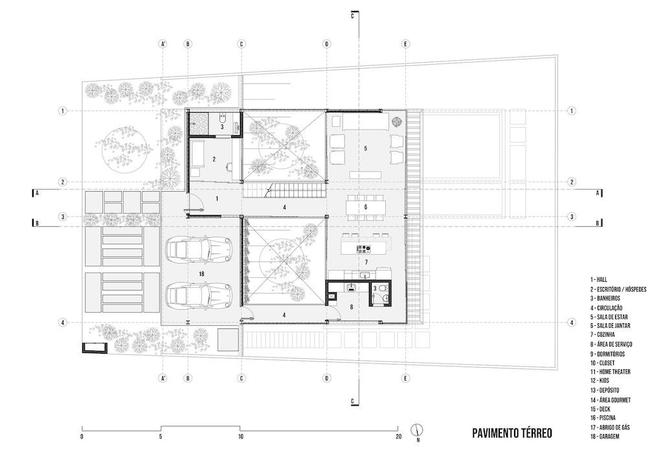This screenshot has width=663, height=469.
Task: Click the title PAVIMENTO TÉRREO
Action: [x=512, y=433]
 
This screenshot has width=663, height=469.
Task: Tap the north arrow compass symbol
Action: [x=418, y=430]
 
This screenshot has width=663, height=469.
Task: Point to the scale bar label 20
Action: [x=398, y=437]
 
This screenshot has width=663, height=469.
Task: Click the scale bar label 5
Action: [x=161, y=437]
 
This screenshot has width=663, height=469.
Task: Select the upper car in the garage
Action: [x=199, y=250]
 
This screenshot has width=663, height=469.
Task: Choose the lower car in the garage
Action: [x=199, y=294]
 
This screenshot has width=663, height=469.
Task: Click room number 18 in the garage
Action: [x=201, y=274]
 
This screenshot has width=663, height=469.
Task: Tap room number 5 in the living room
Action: [x=366, y=148]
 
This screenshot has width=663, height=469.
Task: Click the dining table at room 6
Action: [x=366, y=207]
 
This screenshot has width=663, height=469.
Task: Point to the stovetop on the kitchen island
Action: [x=364, y=248]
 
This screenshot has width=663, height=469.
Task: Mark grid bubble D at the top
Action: [x=326, y=44]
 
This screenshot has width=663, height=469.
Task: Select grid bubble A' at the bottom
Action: [x=163, y=378]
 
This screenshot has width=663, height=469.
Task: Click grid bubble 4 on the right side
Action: [x=572, y=323]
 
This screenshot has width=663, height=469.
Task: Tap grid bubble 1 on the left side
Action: [x=63, y=111]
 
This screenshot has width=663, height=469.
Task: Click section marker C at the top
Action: [x=352, y=16]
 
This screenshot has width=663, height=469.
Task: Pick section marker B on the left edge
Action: [x=37, y=223]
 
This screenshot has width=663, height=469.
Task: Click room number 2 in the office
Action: [x=214, y=159]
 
